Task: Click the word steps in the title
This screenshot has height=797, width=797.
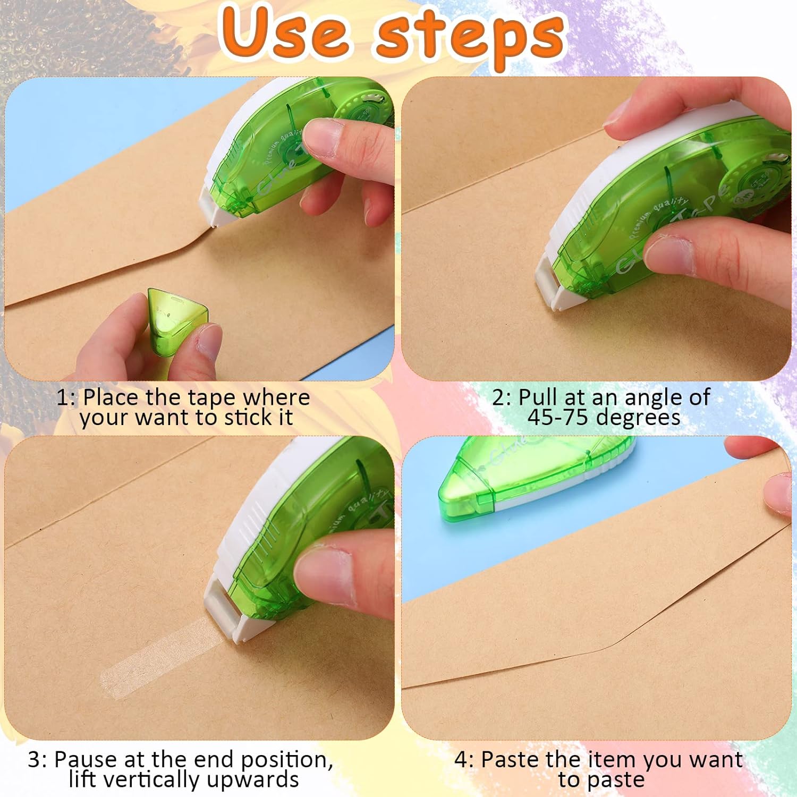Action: click(x=471, y=37)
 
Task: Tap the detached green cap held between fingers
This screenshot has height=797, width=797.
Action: click(x=176, y=321)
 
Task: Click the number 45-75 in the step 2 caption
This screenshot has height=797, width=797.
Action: click(x=558, y=418)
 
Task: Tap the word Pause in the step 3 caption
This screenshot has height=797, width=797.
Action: click(x=86, y=760)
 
